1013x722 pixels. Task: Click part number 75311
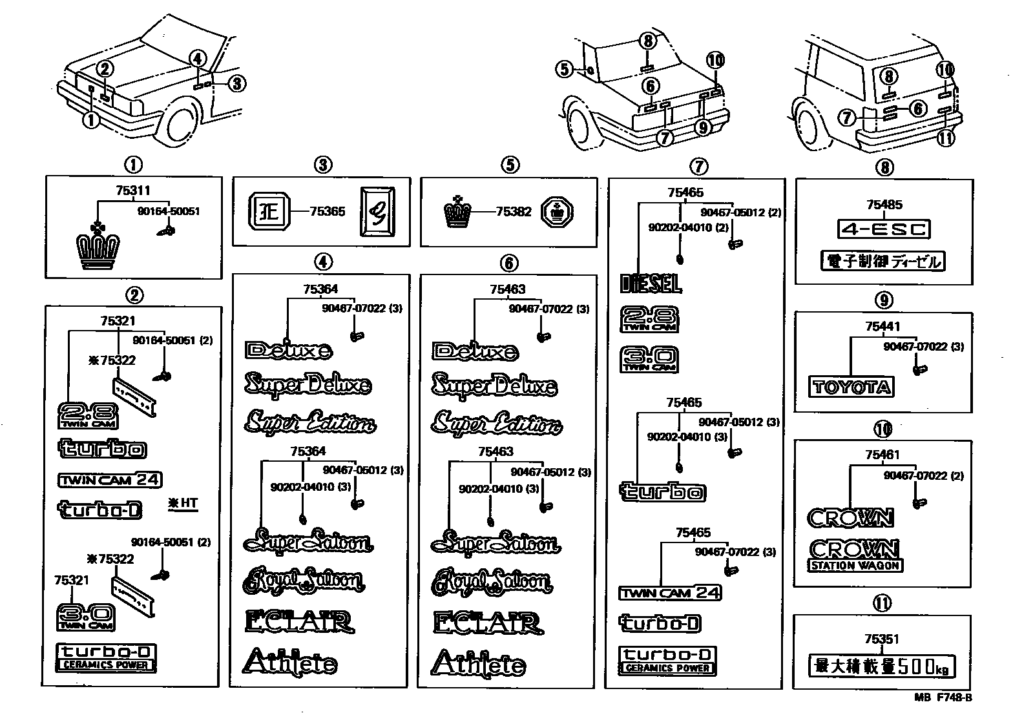[132, 191]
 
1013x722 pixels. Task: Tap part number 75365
[328, 211]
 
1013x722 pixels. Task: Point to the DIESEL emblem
[651, 283]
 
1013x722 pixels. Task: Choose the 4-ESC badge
[883, 229]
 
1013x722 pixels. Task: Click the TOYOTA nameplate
[851, 387]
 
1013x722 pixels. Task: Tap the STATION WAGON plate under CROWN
[855, 566]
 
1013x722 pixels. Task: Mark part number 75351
[882, 639]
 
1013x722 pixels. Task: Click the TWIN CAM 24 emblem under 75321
[110, 480]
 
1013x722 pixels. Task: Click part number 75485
[884, 205]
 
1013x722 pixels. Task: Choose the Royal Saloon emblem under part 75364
[303, 581]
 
